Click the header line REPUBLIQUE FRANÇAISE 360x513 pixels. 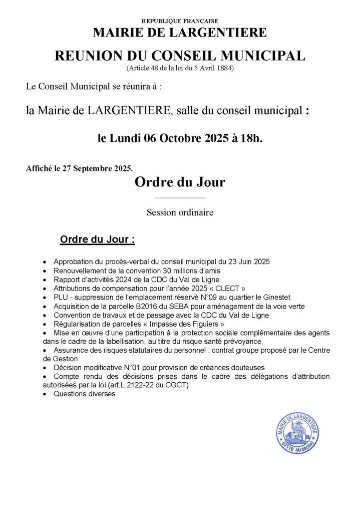[180, 21]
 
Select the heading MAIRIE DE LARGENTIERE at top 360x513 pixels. [180, 33]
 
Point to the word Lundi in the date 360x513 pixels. [127, 138]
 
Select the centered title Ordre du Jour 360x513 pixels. [180, 182]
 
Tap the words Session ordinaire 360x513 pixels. [180, 212]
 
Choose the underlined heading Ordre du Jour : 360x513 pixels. [97, 239]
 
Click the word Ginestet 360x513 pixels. [275, 297]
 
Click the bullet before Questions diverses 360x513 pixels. [46, 394]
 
